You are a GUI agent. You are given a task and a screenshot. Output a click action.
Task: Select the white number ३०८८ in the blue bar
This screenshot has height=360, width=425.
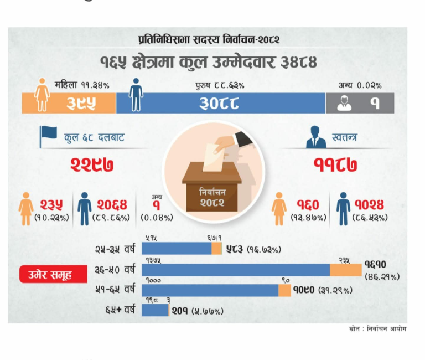pyautogui.click(x=219, y=103)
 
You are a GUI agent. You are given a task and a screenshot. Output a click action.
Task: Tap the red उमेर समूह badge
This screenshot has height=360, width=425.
pyautogui.click(x=46, y=274)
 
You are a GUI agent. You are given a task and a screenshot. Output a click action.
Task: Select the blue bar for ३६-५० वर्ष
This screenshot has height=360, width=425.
pyautogui.click(x=236, y=270)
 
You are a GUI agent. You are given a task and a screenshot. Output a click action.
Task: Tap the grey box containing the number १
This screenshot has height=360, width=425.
pyautogui.click(x=360, y=103)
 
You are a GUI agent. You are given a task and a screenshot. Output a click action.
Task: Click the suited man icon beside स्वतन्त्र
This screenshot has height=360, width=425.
pyautogui.click(x=316, y=137)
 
